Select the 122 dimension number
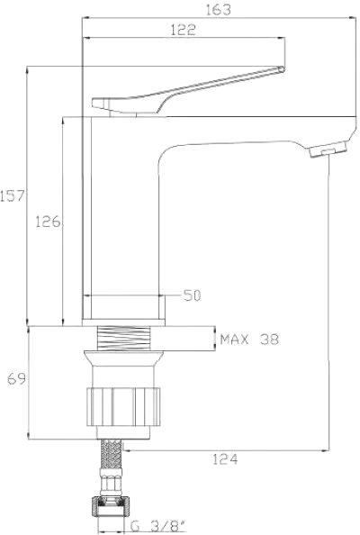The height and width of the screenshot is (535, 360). pos(182,30)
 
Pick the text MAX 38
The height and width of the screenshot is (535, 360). pos(249,340)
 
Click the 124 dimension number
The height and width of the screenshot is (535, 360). pos(225,459)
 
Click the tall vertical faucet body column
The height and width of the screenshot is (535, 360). pos(121,216)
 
